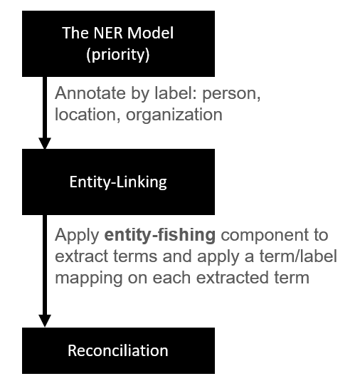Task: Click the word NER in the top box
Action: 109,33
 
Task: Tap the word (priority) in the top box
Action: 118,54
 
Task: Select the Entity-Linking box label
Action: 118,182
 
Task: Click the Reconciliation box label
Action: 118,350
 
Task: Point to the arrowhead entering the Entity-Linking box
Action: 45,143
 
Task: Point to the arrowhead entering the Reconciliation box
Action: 45,320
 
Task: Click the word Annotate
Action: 90,93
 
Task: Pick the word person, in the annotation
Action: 231,94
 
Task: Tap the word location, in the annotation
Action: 88,115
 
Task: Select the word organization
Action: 174,115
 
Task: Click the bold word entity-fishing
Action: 160,235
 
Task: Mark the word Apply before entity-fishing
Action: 77,235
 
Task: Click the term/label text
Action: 298,256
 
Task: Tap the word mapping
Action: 89,278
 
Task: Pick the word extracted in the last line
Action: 233,278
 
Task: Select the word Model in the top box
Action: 150,33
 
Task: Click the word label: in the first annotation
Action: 176,93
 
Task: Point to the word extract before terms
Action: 82,256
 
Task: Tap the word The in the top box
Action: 75,33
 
